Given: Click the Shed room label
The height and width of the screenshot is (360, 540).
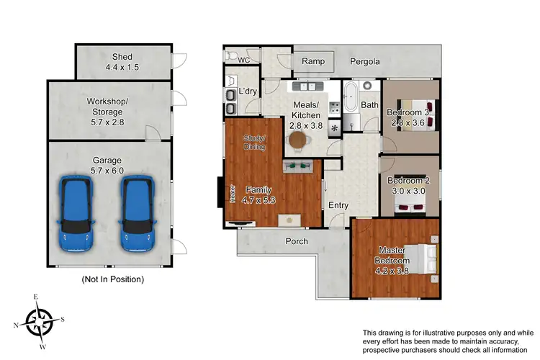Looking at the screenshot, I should click(122, 58).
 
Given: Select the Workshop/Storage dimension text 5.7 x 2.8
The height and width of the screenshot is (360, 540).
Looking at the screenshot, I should click(107, 122).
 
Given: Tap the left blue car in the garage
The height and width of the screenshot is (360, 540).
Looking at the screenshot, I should click(76, 215).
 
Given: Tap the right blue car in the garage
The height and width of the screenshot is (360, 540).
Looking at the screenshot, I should click(138, 215).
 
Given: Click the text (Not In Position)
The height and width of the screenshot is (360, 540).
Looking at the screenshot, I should click(113, 279).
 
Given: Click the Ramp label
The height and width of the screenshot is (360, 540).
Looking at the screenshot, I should click(312, 62).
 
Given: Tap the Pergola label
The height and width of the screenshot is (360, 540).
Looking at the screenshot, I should click(364, 62).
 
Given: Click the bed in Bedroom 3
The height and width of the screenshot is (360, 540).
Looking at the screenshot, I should click(422, 116).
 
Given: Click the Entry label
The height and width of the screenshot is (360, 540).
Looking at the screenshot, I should click(338, 205).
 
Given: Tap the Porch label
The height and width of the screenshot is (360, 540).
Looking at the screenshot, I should click(297, 241).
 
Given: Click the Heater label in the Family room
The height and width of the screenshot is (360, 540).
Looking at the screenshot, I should click(233, 194).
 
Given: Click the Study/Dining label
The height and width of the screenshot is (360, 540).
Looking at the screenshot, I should click(254, 143).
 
